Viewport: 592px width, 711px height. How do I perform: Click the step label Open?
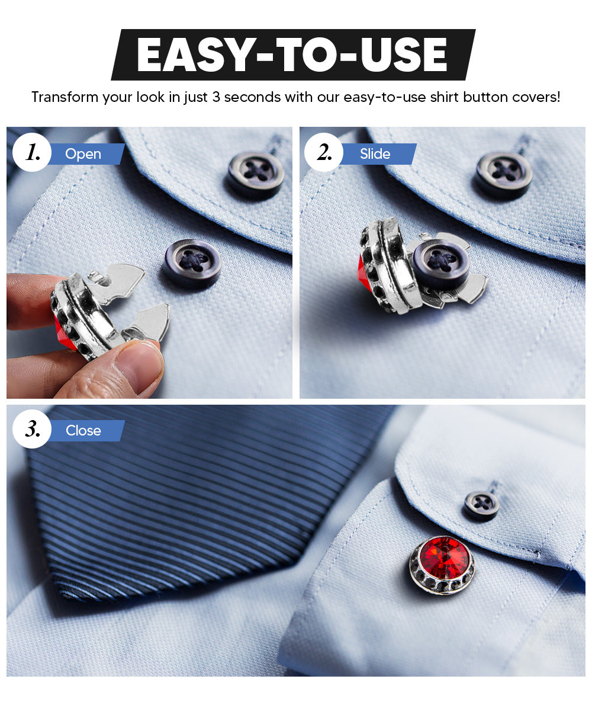(x=83, y=154)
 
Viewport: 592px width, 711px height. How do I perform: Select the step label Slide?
(x=375, y=154)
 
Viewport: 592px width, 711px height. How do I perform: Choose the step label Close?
(x=83, y=431)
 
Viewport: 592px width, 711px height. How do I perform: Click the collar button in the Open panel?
(x=256, y=174)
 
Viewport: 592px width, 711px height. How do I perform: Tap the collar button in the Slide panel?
(x=504, y=174)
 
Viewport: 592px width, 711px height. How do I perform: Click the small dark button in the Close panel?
(x=481, y=505)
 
